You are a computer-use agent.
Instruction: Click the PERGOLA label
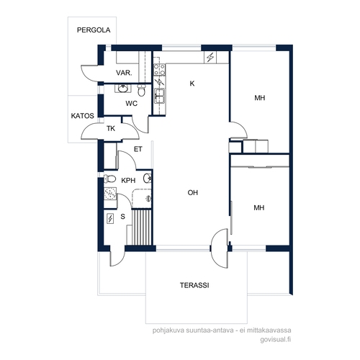coord(94,30)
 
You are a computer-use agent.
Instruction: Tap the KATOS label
coord(82,116)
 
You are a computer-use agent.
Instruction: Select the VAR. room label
coord(124,73)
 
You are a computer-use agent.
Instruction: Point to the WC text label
coord(132,104)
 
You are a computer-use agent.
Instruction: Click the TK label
coord(111,129)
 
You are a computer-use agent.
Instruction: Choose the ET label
coord(138,149)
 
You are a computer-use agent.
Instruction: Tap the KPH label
coord(128,181)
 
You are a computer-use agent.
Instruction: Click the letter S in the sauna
coord(122,217)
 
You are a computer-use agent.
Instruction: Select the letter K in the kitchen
coord(192,84)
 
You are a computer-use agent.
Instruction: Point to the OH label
coord(193,192)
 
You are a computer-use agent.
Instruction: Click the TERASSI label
coord(194,285)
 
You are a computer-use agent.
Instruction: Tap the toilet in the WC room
coord(142,90)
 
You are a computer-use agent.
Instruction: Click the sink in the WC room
coord(123,89)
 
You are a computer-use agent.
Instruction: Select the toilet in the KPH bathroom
coord(109,179)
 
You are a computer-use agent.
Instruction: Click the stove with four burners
coord(160,70)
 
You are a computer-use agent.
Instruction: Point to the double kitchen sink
coord(160,96)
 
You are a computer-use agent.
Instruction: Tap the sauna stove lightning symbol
coord(110,219)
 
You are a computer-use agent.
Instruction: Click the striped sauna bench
coord(142,228)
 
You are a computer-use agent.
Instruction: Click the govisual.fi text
coord(276,340)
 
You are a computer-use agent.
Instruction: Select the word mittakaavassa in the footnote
coord(270,330)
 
